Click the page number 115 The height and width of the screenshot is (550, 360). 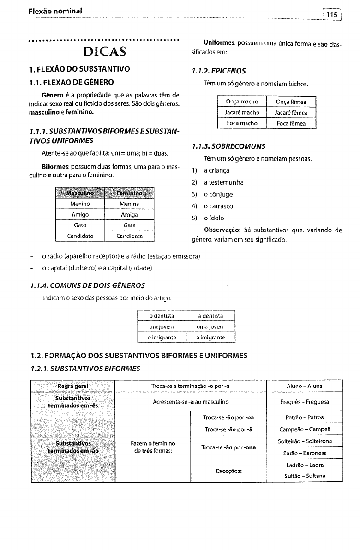pyautogui.click(x=331, y=15)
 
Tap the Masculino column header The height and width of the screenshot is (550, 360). pyautogui.click(x=80, y=192)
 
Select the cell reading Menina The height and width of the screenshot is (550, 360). pyautogui.click(x=129, y=204)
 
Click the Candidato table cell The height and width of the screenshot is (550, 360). pyautogui.click(x=80, y=236)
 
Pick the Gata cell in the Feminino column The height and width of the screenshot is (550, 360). pyautogui.click(x=129, y=225)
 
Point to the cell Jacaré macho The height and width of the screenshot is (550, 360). pyautogui.click(x=242, y=113)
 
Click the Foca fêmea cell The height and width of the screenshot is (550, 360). pyautogui.click(x=291, y=124)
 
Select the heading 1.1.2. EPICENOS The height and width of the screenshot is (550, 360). pyautogui.click(x=218, y=71)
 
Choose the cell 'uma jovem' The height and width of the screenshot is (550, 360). pyautogui.click(x=210, y=327)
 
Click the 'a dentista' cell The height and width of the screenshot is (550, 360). pyautogui.click(x=210, y=316)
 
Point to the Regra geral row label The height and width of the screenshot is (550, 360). pyautogui.click(x=73, y=386)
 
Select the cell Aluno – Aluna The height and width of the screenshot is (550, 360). pyautogui.click(x=304, y=386)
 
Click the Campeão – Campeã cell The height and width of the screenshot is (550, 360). pyautogui.click(x=304, y=429)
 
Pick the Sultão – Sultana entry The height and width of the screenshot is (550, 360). pyautogui.click(x=304, y=476)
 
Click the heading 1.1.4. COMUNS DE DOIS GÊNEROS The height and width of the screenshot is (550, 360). pyautogui.click(x=93, y=285)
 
